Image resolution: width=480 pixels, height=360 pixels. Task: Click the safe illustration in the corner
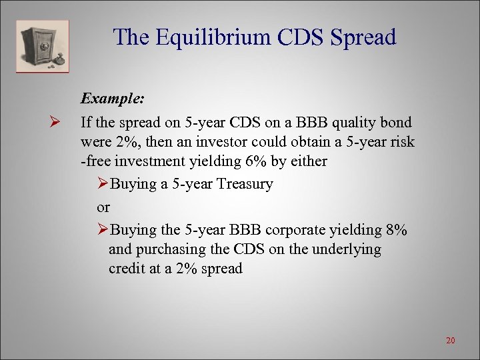tap(42, 45)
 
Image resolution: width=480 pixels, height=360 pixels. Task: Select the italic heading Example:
tap(112, 99)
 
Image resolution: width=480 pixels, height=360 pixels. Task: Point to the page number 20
tap(450, 341)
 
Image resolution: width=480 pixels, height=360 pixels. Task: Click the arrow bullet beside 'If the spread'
tap(55, 123)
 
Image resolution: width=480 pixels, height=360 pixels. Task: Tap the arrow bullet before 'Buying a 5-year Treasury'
tap(103, 185)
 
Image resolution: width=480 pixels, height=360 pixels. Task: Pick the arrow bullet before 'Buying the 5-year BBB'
tap(103, 231)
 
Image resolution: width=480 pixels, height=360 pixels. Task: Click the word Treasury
tap(244, 185)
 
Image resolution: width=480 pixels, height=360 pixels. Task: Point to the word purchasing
tap(171, 250)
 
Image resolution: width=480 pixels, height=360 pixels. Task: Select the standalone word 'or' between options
tap(104, 207)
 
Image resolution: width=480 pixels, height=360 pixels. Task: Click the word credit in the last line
tap(127, 269)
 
